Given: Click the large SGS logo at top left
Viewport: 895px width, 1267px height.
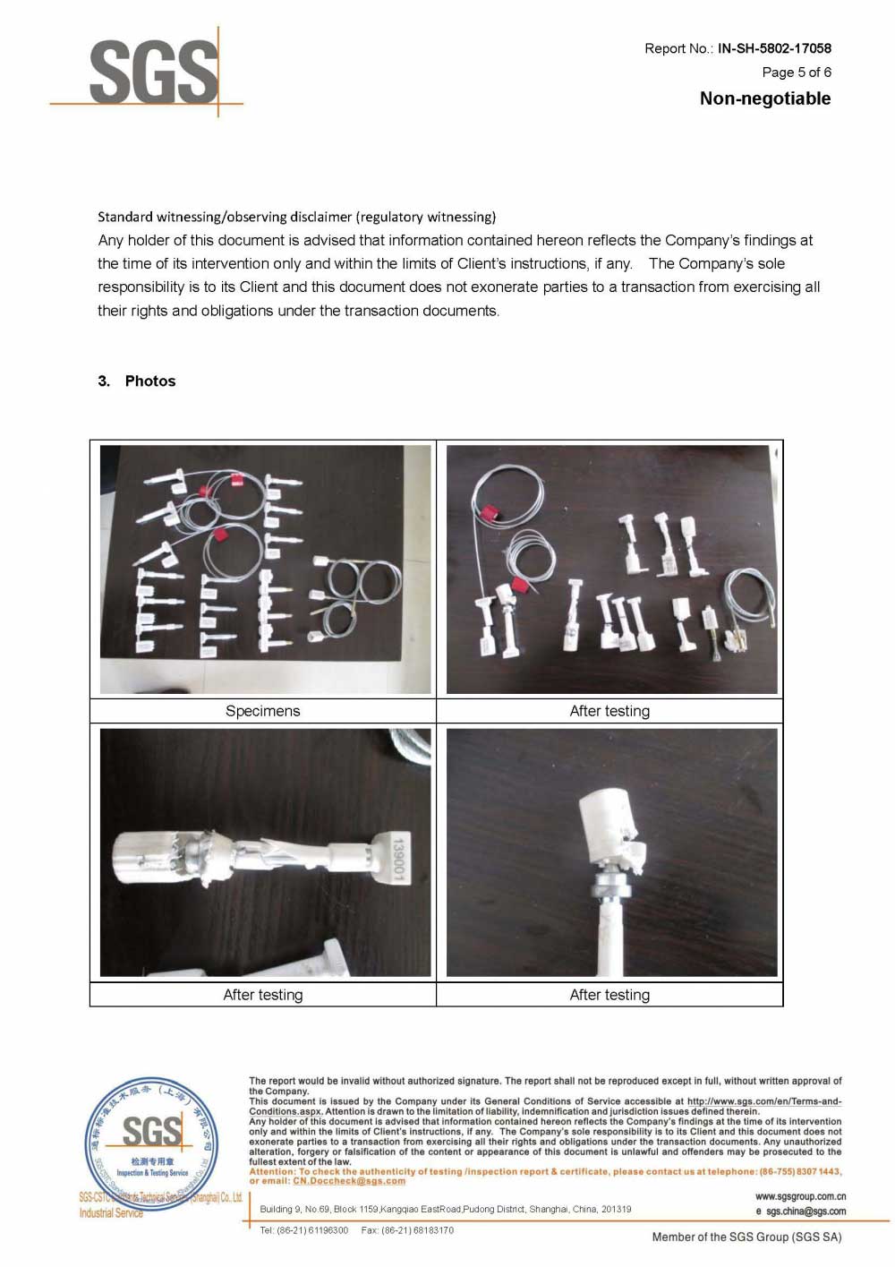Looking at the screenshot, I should point(153,73).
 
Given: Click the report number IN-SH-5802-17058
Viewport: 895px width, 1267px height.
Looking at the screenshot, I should point(774,48).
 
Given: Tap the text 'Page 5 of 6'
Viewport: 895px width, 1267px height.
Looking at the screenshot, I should point(797,73).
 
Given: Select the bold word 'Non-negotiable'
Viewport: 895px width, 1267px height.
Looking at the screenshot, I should point(765,98).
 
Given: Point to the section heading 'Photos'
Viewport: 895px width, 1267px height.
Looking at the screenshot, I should point(150,381).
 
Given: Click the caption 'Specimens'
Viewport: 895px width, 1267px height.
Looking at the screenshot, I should point(262,711).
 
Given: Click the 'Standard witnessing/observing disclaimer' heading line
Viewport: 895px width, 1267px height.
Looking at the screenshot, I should point(296,217).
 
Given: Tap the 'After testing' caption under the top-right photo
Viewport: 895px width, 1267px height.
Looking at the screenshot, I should point(609,711).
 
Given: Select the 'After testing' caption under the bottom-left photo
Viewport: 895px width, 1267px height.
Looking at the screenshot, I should point(262,995).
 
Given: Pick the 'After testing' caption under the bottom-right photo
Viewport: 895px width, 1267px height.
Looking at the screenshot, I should point(609,995).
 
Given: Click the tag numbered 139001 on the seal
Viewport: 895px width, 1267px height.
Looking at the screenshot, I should point(398,858).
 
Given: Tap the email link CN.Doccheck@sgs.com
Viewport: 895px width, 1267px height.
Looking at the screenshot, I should point(349,1181).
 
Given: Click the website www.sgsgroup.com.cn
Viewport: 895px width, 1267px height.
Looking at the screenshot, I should point(800,1196).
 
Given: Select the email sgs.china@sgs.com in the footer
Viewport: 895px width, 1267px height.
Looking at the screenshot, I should point(805,1211).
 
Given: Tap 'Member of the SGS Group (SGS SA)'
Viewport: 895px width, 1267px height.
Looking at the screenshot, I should point(746,1237).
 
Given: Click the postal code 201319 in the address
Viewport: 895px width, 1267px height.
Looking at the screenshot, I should point(616,1209).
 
